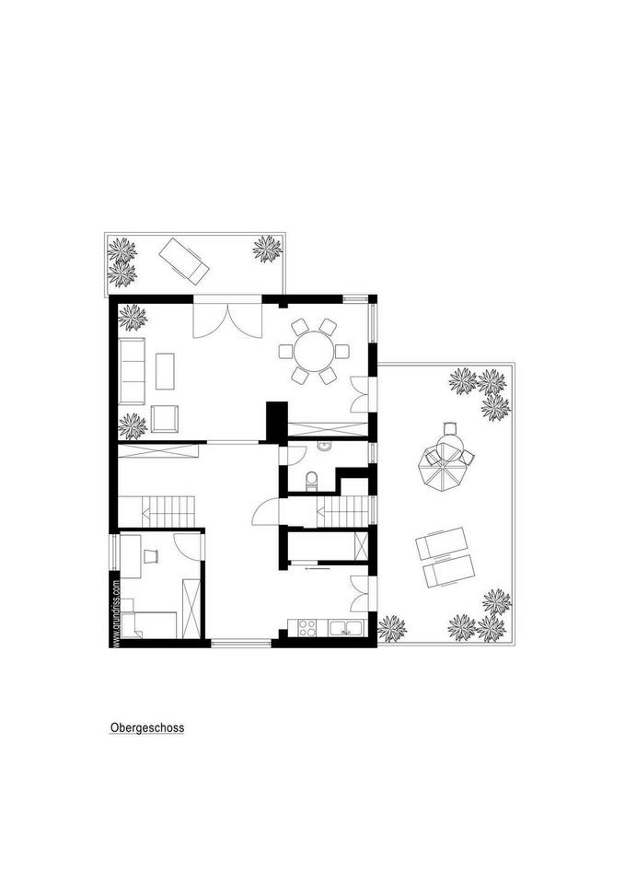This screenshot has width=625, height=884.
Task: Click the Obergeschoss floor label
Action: click(x=147, y=727)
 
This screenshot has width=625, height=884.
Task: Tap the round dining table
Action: click(x=314, y=351)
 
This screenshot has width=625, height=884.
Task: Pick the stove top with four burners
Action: click(x=307, y=627)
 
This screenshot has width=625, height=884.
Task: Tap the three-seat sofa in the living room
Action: click(x=132, y=371)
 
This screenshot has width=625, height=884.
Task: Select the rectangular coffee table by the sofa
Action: click(x=165, y=371)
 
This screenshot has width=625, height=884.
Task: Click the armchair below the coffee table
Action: click(x=165, y=418)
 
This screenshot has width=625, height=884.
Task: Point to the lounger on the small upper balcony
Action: click(x=184, y=261)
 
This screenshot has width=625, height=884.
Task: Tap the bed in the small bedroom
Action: click(x=149, y=624)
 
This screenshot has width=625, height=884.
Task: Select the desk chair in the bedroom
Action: click(x=151, y=556)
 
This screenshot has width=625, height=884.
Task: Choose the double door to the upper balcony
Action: click(x=227, y=319)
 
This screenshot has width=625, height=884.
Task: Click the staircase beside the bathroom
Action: click(x=342, y=511)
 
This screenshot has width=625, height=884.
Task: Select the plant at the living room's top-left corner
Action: click(x=133, y=318)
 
